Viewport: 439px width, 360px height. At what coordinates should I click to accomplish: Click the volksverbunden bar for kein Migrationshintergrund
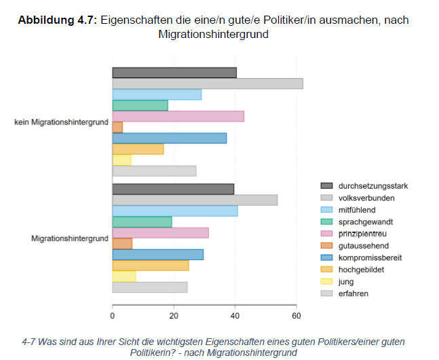[x=207, y=84]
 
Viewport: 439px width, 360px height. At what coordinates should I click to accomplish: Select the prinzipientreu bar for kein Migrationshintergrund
[x=178, y=116]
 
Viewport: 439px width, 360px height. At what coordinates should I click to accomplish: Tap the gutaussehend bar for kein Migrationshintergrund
[x=117, y=127]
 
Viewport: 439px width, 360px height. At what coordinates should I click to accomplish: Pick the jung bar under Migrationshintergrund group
[x=123, y=276]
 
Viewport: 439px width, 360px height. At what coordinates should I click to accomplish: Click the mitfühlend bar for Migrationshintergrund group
[x=174, y=211]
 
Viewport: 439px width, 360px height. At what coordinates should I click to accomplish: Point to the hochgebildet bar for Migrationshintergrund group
[x=150, y=266]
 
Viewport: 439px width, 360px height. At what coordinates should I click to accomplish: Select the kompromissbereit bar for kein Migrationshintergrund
[x=169, y=138]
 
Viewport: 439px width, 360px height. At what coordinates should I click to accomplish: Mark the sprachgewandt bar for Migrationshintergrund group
[x=142, y=221]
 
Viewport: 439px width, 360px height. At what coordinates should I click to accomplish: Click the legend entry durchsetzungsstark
[x=373, y=185]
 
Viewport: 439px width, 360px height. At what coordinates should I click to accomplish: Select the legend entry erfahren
[x=354, y=293]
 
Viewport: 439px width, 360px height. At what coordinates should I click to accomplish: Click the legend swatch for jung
[x=326, y=282]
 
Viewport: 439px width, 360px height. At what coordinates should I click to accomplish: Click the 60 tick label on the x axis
[x=296, y=316]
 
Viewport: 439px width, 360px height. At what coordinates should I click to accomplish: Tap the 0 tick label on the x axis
[x=113, y=316]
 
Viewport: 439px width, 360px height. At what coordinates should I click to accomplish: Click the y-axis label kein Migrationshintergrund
[x=61, y=122]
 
